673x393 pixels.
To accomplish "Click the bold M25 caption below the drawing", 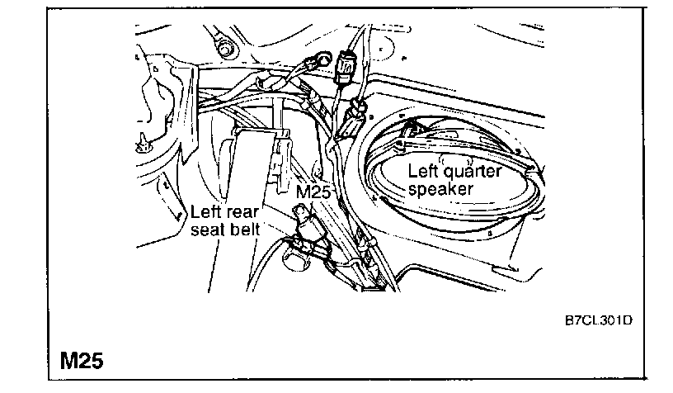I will click(82, 360).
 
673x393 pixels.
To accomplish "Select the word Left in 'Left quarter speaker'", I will click(425, 172).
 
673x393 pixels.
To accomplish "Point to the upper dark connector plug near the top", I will click(346, 63).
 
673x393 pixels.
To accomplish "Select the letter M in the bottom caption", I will click(69, 360).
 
